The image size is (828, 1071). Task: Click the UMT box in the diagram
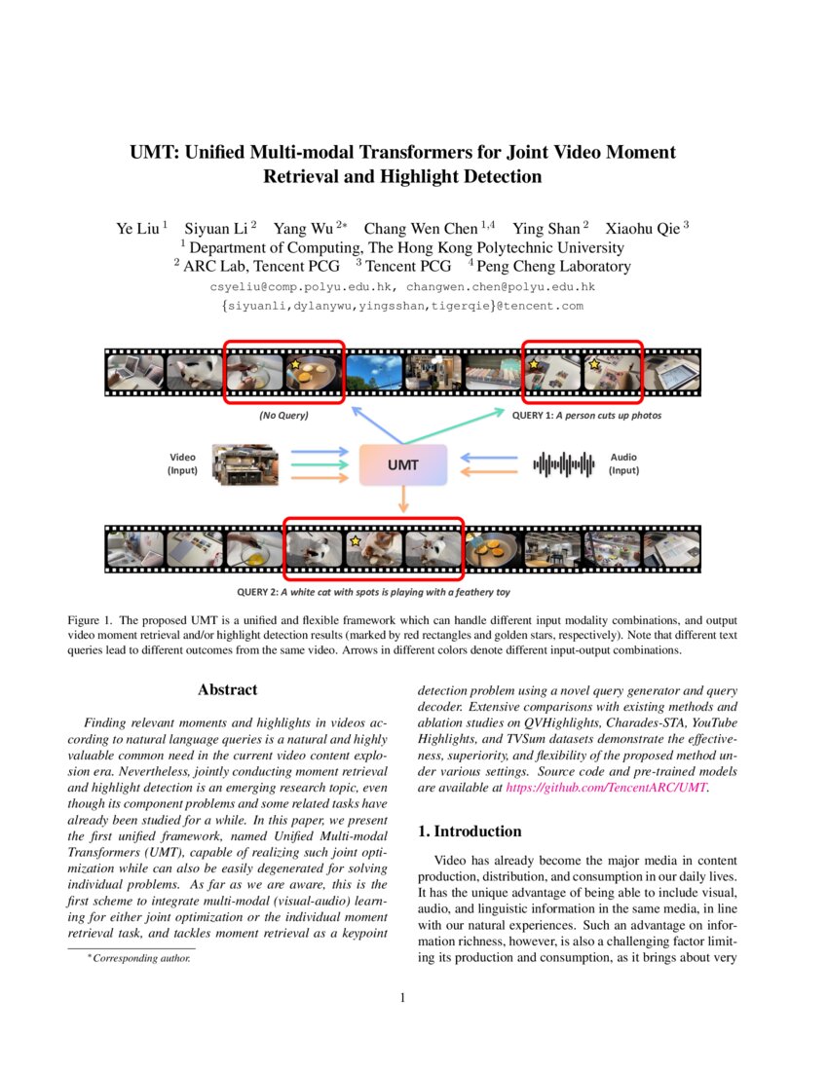403,464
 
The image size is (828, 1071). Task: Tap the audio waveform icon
564,464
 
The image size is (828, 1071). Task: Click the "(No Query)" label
283,416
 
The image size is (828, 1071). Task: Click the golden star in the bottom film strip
357,540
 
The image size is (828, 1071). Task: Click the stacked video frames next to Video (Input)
244,464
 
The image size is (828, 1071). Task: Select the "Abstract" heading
227,689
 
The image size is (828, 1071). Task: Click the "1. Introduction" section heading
470,831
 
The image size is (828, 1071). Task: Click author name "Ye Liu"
138,229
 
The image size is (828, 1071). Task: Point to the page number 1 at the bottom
403,997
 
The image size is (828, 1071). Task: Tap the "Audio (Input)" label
623,463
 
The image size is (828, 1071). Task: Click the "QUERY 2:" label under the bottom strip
258,591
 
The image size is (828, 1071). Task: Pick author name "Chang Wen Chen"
421,229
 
